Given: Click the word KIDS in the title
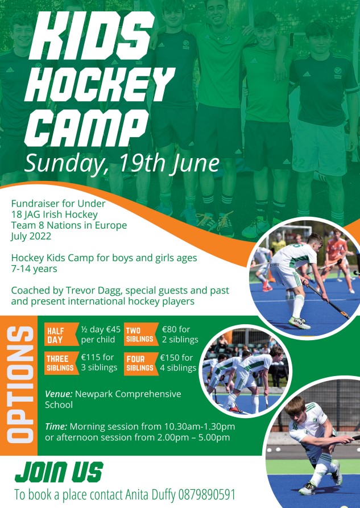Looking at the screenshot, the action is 92,36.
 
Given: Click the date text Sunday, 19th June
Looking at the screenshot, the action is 122,163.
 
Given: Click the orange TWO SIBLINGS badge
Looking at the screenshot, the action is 141,334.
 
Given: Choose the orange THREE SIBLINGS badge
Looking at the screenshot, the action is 61,363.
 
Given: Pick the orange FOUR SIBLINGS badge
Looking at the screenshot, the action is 141,363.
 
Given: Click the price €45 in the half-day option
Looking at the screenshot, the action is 113,329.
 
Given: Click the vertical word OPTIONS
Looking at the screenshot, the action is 20,385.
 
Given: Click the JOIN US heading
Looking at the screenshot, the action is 59,472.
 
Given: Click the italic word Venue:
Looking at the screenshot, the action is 59,394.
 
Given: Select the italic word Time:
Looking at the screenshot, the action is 56,426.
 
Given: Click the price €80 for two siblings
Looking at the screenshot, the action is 169,329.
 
